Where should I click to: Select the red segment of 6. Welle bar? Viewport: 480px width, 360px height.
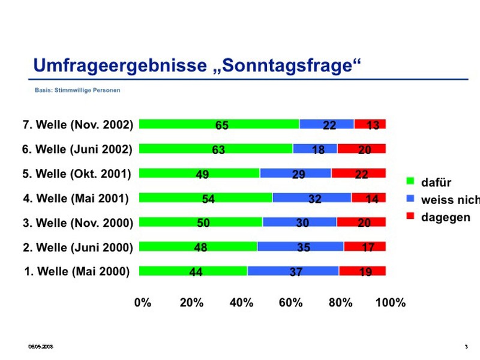pos(361,149)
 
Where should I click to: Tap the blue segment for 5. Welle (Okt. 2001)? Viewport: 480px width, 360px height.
pos(295,173)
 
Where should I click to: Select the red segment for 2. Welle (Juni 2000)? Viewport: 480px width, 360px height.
pos(365,246)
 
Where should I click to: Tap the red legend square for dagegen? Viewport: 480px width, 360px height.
pos(411,216)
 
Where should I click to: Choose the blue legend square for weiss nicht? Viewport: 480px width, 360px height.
pos(411,199)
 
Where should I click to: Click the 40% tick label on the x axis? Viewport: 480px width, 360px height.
pos(241,302)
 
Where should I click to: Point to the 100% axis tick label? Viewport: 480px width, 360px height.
pos(390,302)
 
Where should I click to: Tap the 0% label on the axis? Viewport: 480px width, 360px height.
pos(143,302)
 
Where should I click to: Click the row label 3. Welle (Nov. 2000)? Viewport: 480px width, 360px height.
pos(77,223)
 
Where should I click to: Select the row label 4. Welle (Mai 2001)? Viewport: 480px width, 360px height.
pos(76,197)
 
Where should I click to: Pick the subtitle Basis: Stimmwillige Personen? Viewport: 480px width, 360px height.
pos(77,91)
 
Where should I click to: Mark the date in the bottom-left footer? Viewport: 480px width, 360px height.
pos(42,347)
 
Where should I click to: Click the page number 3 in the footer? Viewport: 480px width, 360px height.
pos(466,347)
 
